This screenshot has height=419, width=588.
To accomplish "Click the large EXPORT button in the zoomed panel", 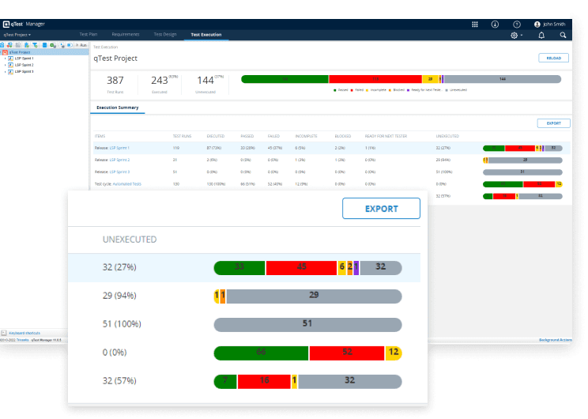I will point(381,209).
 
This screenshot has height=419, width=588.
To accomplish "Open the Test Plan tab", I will point(89,35).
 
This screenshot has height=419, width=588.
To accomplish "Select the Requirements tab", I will point(125,35).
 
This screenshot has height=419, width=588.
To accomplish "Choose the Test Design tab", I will point(165,35).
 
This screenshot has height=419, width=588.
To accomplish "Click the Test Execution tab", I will point(206,35).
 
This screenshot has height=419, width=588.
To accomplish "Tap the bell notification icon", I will point(541,36).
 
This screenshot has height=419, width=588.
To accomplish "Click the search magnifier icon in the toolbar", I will point(563,36).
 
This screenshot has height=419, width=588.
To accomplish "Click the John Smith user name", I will point(552,24).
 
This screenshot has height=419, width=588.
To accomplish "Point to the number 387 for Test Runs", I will point(115,80).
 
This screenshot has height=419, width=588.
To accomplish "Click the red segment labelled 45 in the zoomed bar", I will point(301,267).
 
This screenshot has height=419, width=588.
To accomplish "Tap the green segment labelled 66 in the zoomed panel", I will point(261,353).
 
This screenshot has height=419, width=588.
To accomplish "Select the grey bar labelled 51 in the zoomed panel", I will point(307,324).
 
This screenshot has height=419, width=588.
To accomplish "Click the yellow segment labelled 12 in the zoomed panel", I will point(394,353).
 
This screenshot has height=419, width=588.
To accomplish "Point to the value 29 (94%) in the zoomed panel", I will point(119,296).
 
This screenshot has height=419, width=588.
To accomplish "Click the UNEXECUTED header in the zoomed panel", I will point(130,239).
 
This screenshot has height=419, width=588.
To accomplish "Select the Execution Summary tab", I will point(117,108).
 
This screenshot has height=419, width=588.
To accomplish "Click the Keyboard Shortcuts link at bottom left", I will point(24,333).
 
